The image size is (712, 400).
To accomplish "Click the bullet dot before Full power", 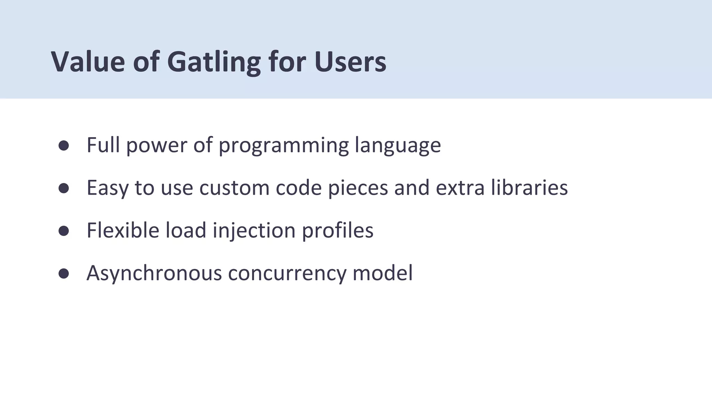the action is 64,145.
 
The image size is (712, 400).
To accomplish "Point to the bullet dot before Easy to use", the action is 64,188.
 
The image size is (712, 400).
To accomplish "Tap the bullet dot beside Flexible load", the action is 64,231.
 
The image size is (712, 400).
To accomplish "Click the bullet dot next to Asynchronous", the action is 64,274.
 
